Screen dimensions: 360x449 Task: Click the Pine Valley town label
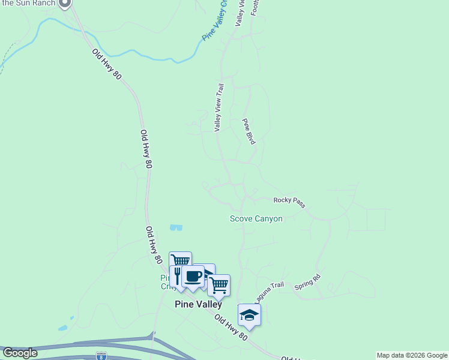tap(198, 304)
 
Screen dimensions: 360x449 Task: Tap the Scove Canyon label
tap(256, 219)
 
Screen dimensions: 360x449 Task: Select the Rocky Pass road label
tap(289, 203)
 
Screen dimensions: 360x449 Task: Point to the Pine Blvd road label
tap(249, 131)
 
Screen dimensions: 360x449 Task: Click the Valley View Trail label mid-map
tap(218, 107)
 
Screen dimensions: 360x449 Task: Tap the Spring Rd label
tap(307, 283)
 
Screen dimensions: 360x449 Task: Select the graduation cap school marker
tap(250, 315)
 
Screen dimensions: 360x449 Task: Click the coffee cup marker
tap(193, 276)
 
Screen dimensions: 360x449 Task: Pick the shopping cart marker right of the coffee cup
tap(219, 285)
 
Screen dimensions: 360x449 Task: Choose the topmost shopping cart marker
tap(180, 261)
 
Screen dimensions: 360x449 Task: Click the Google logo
tap(20, 353)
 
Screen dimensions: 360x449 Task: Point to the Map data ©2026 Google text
tap(412, 355)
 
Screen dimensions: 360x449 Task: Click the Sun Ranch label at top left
tap(28, 3)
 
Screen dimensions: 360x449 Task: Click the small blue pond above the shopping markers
tap(175, 227)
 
